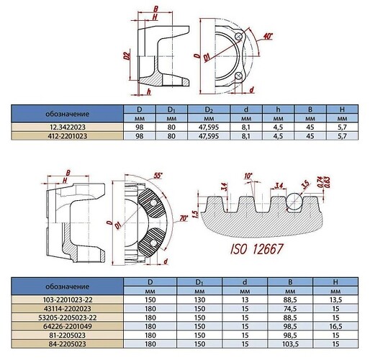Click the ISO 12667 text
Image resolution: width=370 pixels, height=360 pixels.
point(257,249)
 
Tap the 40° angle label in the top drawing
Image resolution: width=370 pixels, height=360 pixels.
point(268,36)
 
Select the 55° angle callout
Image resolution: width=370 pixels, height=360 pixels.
point(158,176)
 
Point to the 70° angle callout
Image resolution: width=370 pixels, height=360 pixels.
point(184,218)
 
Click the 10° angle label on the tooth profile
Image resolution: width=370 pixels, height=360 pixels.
point(248,176)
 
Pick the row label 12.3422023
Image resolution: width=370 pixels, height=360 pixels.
point(68,127)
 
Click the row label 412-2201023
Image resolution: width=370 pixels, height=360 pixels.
point(68,136)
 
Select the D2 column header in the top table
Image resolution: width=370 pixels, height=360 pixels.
point(209,109)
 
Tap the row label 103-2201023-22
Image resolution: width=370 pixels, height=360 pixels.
point(68,300)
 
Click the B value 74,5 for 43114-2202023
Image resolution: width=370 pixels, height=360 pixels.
point(290,309)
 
